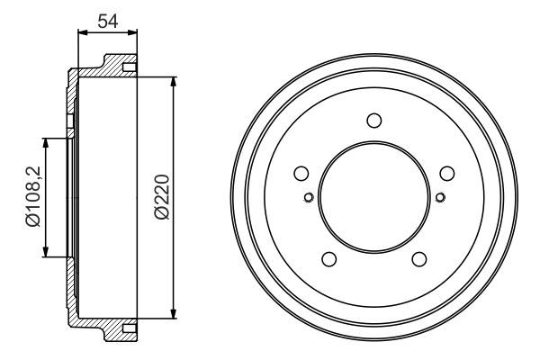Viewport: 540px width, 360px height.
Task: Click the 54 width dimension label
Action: (x=108, y=21)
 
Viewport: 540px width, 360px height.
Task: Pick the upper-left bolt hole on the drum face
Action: (x=301, y=174)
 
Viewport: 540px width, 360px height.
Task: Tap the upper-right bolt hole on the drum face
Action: (x=445, y=174)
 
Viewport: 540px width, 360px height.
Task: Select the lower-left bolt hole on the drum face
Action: (x=328, y=259)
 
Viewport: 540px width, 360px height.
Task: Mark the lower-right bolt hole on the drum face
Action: (x=418, y=259)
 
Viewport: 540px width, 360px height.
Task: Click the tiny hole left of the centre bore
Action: (x=308, y=198)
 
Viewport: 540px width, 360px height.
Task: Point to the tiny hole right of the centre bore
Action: (x=439, y=198)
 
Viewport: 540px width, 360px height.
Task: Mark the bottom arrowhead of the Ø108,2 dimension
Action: (x=45, y=254)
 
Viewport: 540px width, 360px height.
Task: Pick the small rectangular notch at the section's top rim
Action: (x=129, y=68)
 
